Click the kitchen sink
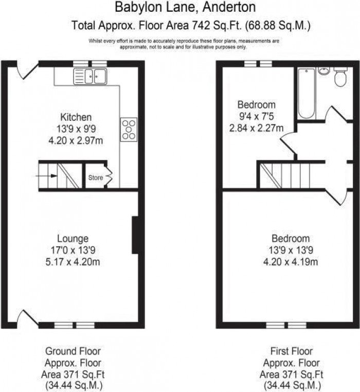click(90, 76)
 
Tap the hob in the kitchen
click(129, 130)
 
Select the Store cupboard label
click(96, 177)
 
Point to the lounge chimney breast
click(135, 235)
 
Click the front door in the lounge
click(28, 318)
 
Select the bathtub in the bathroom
click(307, 93)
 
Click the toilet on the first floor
click(340, 76)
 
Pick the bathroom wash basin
click(324, 71)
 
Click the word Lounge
click(73, 239)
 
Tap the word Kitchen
click(76, 117)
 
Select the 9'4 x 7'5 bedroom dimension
click(257, 116)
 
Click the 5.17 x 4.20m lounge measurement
click(73, 262)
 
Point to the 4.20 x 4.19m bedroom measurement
click(291, 262)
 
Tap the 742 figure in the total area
click(201, 26)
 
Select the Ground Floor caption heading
click(73, 351)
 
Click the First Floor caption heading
click(292, 351)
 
